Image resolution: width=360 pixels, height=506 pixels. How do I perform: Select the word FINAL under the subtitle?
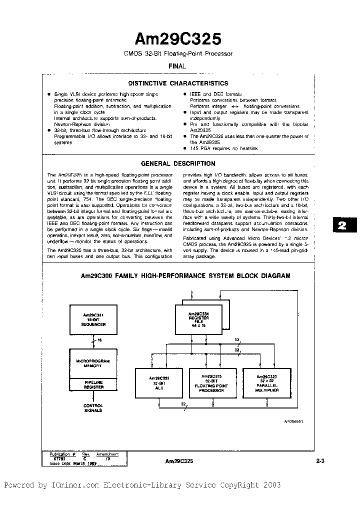coord(177,66)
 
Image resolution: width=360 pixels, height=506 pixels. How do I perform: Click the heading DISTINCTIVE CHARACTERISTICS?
coord(178,83)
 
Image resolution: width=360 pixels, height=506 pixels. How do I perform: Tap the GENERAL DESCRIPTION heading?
coord(178,163)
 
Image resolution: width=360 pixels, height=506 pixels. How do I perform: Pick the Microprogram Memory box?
coord(93,363)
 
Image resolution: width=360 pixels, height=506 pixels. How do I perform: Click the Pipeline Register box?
coord(93,384)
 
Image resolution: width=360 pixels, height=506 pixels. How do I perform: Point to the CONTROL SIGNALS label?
coord(93,407)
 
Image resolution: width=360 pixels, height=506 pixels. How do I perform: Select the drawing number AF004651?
coord(294,421)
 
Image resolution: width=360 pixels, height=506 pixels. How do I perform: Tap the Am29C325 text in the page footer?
coord(178,461)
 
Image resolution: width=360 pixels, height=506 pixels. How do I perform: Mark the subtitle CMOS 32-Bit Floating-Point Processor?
coord(178,53)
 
